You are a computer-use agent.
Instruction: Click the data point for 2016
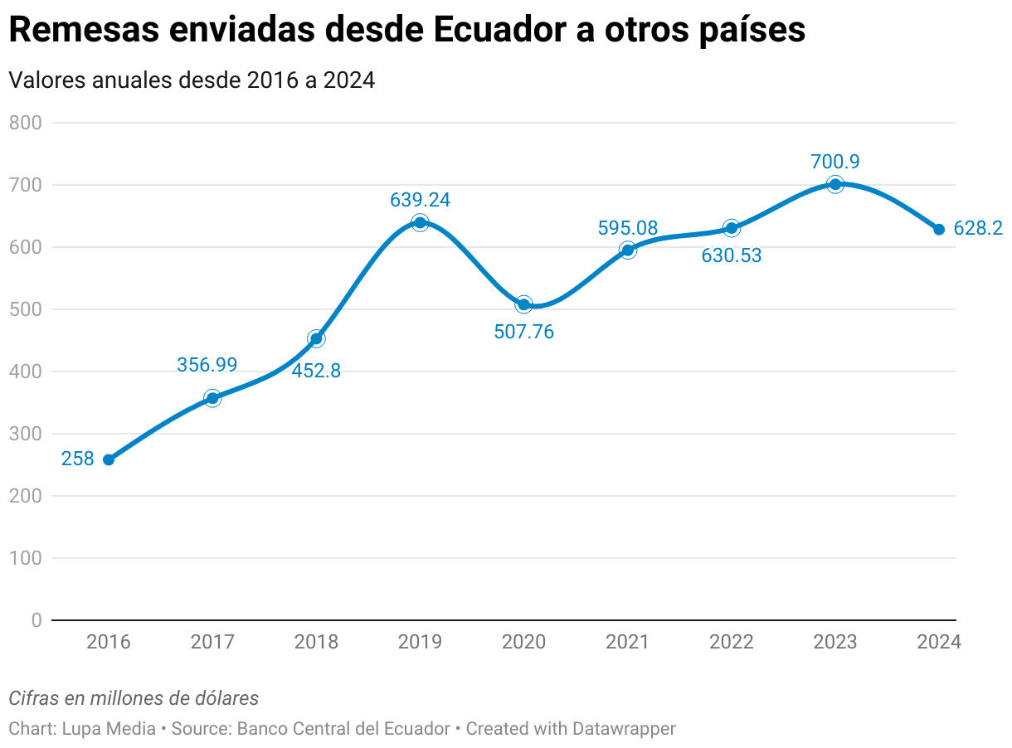point(109,459)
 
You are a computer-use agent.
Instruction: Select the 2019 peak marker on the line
point(420,222)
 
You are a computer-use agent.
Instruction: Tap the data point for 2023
point(835,184)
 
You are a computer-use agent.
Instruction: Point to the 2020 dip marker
point(523,304)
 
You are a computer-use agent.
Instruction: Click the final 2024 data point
point(939,230)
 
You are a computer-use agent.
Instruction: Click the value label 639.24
point(420,200)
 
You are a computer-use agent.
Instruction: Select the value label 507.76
point(523,333)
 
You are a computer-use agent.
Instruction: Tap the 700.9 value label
point(835,162)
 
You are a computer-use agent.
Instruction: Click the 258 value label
point(78,459)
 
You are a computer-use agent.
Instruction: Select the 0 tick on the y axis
point(36,620)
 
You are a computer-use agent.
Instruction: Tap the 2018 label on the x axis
point(316,643)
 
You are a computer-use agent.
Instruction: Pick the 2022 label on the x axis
point(732,643)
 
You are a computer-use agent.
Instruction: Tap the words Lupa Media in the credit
point(109,729)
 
